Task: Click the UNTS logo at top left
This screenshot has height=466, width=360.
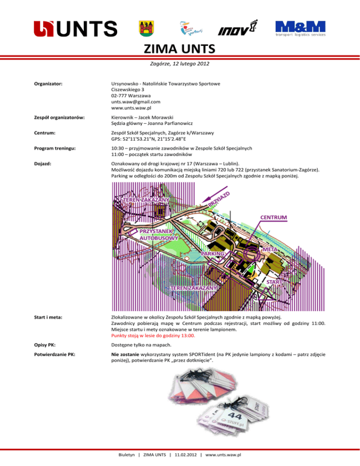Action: click(75, 29)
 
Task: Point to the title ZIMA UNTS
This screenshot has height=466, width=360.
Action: click(180, 49)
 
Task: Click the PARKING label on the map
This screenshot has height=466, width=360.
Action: click(216, 253)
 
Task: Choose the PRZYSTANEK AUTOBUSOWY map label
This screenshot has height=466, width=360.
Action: click(159, 235)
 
